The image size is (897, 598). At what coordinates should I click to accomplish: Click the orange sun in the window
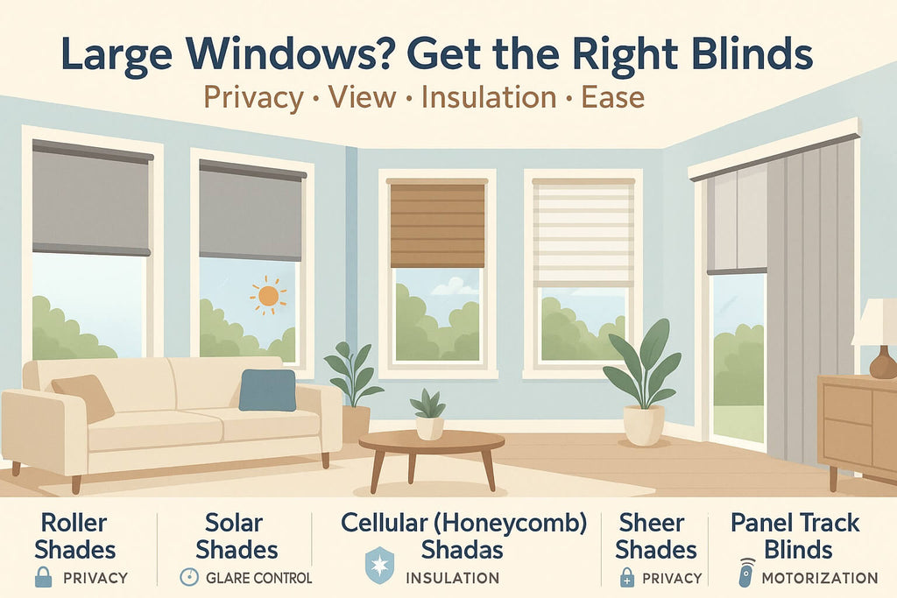(x=268, y=295)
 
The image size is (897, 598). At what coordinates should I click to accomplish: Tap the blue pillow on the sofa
(x=267, y=390)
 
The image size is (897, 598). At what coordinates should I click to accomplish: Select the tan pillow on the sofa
(x=82, y=397)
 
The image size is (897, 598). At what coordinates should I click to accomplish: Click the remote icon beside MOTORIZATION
(x=745, y=573)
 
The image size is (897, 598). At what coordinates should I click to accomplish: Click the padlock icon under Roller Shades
(x=44, y=576)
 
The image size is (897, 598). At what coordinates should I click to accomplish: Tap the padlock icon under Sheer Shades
(x=626, y=577)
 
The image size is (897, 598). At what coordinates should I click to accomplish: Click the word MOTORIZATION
(x=819, y=578)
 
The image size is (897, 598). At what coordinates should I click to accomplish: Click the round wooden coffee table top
(x=431, y=440)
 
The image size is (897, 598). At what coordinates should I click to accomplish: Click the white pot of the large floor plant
(x=643, y=425)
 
